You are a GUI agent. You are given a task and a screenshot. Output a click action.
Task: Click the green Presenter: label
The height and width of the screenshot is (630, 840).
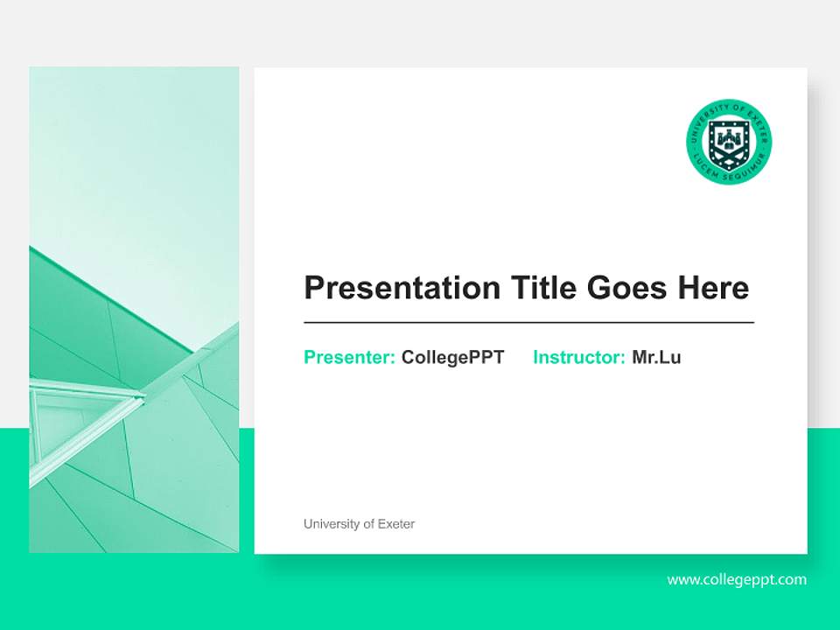[x=349, y=357]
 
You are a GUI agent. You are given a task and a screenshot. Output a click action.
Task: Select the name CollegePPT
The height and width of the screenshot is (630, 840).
[x=452, y=357]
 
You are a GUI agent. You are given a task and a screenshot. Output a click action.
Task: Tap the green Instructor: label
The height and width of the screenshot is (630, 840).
[x=578, y=357]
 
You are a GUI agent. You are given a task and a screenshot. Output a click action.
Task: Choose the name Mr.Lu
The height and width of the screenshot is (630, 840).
[x=656, y=357]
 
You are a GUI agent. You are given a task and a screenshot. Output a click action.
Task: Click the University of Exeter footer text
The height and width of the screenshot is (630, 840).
[x=359, y=524]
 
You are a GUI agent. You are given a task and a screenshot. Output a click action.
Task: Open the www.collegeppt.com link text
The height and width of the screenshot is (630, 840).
[x=737, y=579]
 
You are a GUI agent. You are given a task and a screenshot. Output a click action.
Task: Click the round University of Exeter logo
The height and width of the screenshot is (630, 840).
[x=729, y=142]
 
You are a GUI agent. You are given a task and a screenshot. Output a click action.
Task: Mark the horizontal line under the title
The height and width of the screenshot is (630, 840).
[x=528, y=323]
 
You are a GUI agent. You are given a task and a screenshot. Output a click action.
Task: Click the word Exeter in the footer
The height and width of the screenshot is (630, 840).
[x=396, y=524]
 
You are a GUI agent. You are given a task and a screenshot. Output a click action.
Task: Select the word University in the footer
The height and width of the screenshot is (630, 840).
[x=332, y=524]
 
